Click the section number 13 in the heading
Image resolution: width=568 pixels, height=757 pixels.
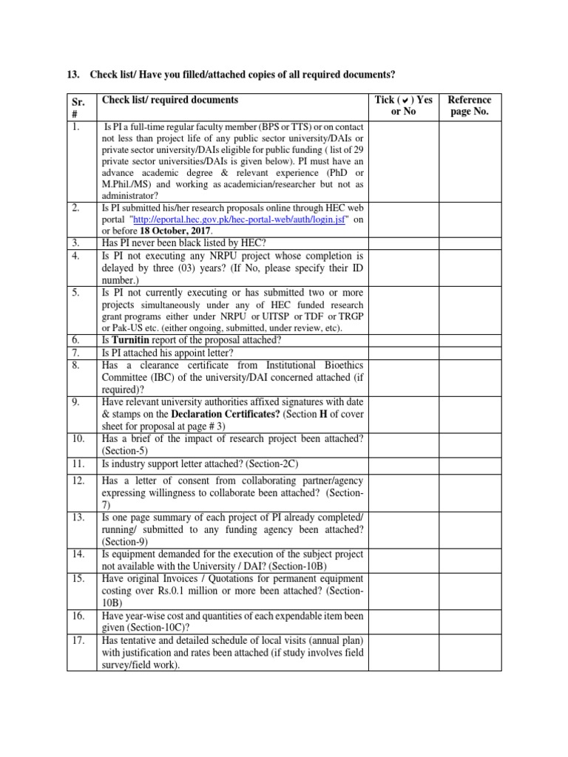click(x=72, y=75)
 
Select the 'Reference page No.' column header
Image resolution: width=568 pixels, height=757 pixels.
click(x=469, y=106)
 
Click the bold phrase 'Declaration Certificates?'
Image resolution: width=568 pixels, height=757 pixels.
click(x=220, y=414)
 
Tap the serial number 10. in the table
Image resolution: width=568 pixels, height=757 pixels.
click(x=77, y=439)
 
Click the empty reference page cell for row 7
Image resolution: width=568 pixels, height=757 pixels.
click(x=469, y=353)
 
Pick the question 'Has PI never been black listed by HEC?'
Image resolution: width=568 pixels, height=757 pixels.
click(x=184, y=242)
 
